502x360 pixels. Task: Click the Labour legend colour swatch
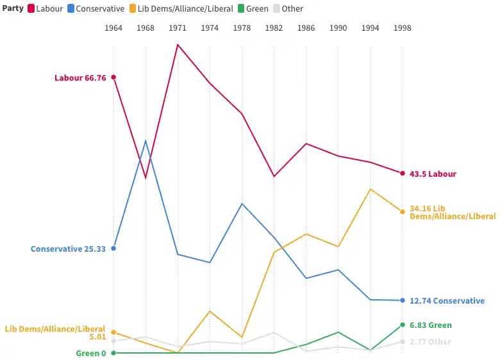tap(31, 8)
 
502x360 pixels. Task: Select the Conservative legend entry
tap(96, 8)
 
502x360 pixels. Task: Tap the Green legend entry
tap(253, 8)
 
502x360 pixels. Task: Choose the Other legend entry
tap(288, 8)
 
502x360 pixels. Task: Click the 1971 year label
tap(178, 28)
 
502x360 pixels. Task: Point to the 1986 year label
tap(306, 28)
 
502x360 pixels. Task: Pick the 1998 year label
tap(403, 28)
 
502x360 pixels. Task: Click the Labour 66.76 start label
tap(80, 78)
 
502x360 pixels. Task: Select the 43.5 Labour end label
tap(433, 174)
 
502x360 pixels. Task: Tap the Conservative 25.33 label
tap(68, 249)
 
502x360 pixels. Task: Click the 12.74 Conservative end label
tap(447, 301)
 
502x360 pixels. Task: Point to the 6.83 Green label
tap(431, 325)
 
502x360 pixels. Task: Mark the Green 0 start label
tap(90, 354)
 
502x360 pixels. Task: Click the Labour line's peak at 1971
tap(178, 44)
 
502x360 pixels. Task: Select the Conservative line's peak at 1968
tap(146, 140)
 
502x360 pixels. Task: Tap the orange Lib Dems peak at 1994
tap(371, 189)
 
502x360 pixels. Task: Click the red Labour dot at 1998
tap(403, 174)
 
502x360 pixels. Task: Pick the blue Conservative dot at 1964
tap(113, 249)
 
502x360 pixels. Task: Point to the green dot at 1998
tap(403, 325)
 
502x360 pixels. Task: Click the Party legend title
tap(13, 8)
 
